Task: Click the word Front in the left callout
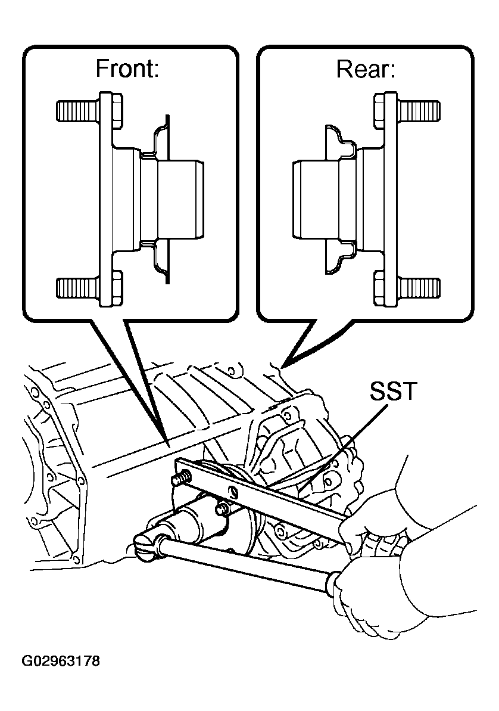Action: pos(127,70)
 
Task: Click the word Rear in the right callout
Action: pos(366,70)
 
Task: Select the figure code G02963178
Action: pos(60,662)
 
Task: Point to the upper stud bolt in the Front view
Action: pos(77,110)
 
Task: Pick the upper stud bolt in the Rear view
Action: pos(419,110)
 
